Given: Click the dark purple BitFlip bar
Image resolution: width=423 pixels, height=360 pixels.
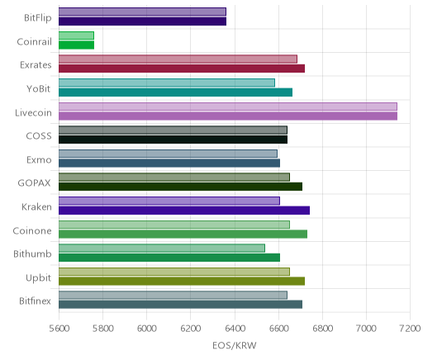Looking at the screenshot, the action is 142,21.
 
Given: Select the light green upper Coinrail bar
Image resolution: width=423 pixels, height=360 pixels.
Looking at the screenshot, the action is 76,36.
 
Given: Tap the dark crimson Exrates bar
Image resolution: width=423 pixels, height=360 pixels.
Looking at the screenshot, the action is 182,69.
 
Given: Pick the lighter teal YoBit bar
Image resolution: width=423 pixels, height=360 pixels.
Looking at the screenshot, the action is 167,83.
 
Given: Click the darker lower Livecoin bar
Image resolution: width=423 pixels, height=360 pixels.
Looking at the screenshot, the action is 228,116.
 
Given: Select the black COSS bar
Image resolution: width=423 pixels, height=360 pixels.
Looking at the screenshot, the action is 173,140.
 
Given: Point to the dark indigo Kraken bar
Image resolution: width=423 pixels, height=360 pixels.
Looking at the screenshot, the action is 184,211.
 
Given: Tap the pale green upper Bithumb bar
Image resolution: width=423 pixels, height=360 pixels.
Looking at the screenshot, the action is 162,248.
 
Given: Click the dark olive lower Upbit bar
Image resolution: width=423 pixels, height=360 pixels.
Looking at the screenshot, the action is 182,282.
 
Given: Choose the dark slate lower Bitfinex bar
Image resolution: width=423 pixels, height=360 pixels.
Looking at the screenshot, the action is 180,305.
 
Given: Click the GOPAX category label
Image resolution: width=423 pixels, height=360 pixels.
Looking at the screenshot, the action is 34,183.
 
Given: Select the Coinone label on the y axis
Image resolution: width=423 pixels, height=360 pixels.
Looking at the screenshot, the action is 32,230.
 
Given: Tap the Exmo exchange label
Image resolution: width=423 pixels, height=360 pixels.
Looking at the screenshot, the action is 39,160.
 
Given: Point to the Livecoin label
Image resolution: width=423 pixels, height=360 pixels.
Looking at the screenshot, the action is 33,112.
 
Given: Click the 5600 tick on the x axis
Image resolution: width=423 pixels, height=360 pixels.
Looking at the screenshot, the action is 59,329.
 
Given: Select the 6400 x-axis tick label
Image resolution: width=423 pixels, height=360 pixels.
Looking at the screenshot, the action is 235,329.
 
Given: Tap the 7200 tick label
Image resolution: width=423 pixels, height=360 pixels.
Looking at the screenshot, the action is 410,329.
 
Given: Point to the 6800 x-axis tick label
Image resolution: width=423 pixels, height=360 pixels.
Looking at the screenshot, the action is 322,329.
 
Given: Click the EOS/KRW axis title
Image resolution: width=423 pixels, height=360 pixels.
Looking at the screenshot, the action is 235,345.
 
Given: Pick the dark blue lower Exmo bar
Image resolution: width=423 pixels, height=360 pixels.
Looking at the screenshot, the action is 169,163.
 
